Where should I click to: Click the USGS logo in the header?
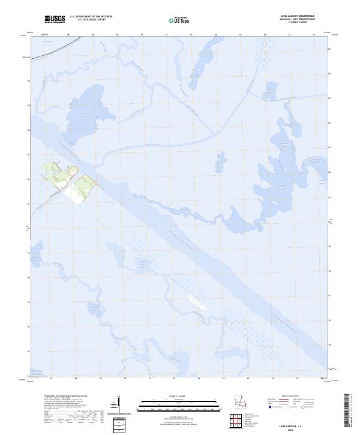pos(55,19)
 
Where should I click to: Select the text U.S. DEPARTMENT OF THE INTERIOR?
pos(91,17)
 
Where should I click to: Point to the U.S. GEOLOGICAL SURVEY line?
pos(91,20)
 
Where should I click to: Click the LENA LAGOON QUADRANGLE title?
pos(298,16)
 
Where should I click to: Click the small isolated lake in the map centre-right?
pos(221,161)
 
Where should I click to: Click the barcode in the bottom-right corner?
pos(351,411)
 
